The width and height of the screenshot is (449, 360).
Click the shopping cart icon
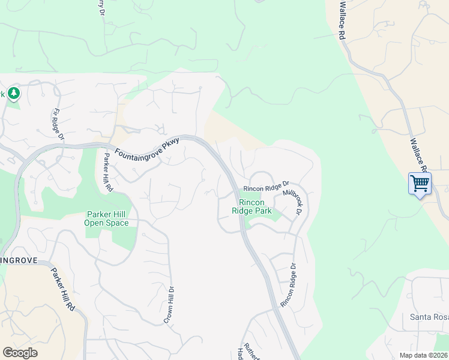pos(420,183)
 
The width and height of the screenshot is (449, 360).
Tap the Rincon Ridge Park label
pos(252,207)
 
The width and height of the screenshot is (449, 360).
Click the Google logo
pos(20,353)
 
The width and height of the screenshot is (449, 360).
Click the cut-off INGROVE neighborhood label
pos(19,261)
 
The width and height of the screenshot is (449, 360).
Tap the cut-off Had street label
pos(240,353)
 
